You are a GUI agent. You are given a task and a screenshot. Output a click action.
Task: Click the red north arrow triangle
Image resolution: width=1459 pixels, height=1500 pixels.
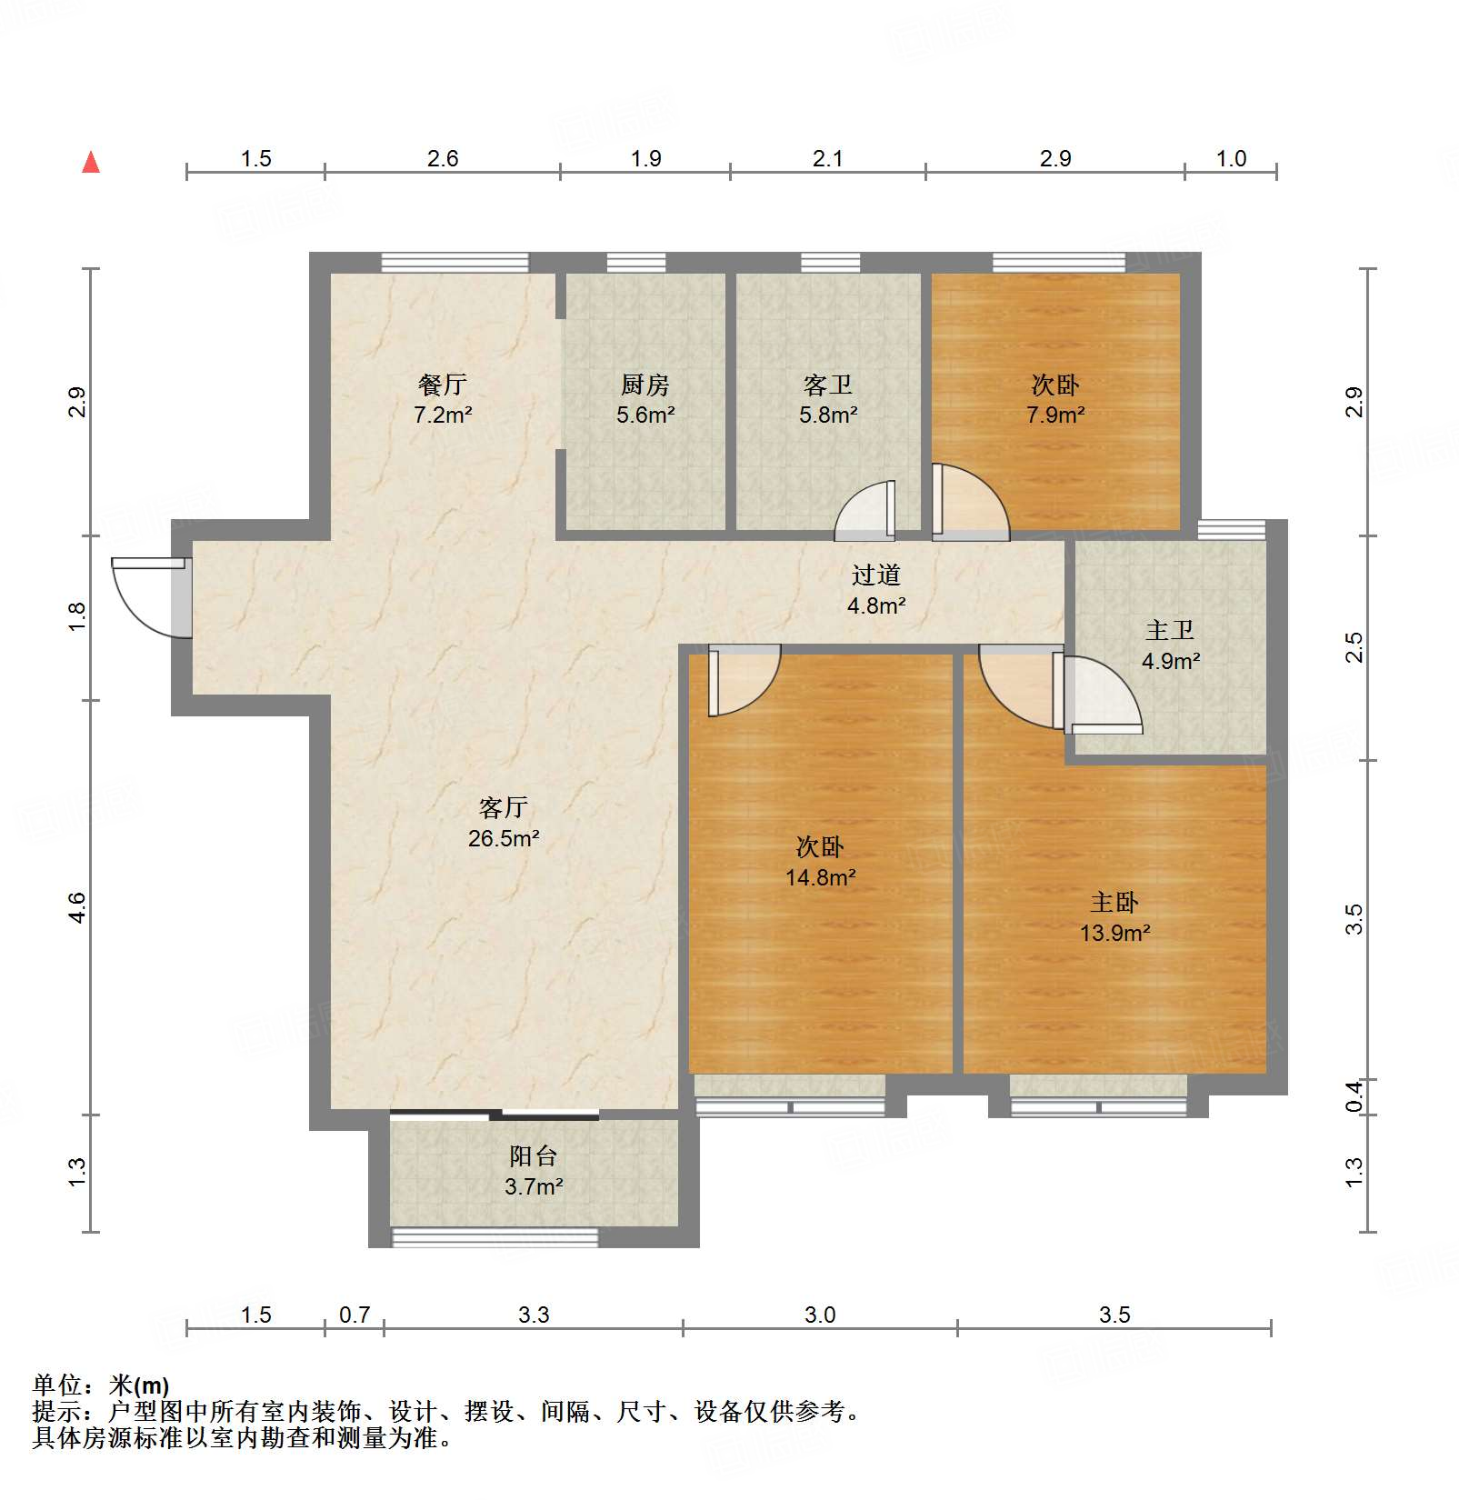pos(91,163)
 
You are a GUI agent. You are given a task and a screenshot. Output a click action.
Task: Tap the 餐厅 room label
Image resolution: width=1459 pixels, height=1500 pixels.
pos(443,385)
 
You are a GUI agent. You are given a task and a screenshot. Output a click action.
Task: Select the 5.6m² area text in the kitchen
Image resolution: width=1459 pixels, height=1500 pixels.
pos(645,415)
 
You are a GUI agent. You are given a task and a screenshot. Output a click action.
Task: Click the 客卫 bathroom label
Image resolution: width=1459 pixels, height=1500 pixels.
pos(828,385)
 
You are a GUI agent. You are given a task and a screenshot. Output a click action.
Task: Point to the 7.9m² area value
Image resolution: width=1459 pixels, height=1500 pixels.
pos(1055,415)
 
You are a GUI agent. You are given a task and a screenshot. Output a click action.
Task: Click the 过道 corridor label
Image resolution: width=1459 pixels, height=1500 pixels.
pos(876,575)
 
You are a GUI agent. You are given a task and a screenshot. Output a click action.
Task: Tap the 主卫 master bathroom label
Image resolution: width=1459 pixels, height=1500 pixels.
pos(1170,630)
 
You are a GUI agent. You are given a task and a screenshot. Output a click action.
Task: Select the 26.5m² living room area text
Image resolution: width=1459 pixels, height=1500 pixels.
pos(504,838)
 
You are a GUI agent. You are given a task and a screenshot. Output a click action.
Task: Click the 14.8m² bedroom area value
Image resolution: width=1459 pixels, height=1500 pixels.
pos(821,877)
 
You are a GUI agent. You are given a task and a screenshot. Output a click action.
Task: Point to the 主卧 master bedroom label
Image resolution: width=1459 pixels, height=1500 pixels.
pos(1114,902)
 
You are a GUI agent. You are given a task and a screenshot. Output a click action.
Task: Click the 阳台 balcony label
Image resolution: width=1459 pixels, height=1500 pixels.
pos(534,1155)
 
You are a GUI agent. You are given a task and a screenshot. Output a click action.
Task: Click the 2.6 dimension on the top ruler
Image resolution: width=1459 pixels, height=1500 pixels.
pos(443,158)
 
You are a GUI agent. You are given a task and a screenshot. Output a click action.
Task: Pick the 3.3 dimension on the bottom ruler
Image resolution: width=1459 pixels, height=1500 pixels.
pos(534,1315)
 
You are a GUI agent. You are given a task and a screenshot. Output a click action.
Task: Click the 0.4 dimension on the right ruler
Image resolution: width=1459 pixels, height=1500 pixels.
pos(1354,1096)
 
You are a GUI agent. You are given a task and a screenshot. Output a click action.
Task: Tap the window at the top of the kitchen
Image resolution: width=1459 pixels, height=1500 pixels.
pos(636,263)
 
